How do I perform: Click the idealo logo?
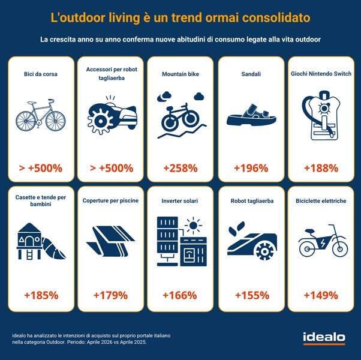(324, 338)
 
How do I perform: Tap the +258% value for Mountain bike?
(180, 168)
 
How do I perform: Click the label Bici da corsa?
(41, 74)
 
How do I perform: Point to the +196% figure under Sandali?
(251, 168)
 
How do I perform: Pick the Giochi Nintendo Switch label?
(321, 74)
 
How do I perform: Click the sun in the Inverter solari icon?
(193, 225)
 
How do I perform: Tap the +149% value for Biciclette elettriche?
(321, 295)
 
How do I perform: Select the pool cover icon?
(111, 241)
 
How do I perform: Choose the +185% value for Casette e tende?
(41, 295)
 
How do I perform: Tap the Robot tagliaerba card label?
(252, 201)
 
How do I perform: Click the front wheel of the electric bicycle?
(339, 249)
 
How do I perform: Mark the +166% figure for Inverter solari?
(180, 295)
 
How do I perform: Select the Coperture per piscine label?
(110, 200)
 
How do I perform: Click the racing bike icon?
(41, 115)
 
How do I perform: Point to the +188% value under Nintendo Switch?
(321, 168)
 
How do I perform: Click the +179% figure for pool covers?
(110, 295)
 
